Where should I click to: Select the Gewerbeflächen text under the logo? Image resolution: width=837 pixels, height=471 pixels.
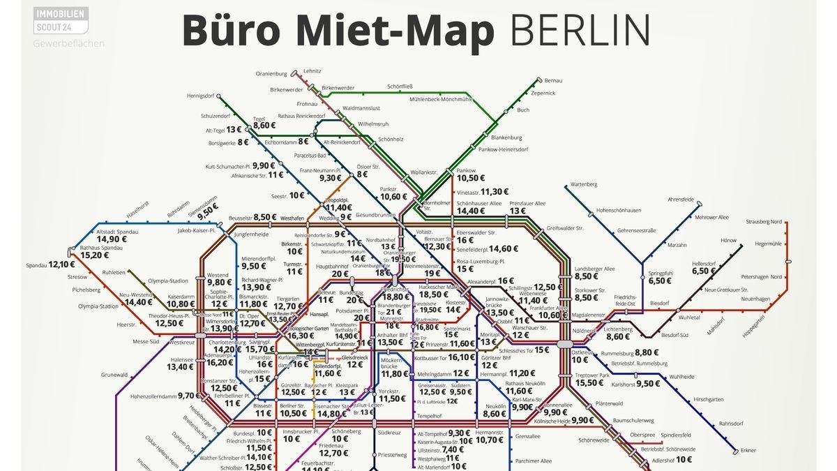tap(68, 43)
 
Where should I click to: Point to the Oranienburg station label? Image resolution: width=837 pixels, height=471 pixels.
tap(271, 74)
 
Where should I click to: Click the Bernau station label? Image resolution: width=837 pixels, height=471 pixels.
tap(552, 81)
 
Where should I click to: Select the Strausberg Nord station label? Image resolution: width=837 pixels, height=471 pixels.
tap(764, 221)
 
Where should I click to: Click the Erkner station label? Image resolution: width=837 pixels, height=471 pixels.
tap(749, 450)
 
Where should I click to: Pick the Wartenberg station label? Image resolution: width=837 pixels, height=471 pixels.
tap(584, 184)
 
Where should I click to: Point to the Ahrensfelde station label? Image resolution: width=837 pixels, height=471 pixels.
tap(683, 199)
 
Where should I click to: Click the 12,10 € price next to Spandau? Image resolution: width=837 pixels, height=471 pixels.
tap(62, 264)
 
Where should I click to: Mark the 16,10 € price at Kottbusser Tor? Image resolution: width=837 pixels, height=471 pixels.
tap(461, 357)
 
